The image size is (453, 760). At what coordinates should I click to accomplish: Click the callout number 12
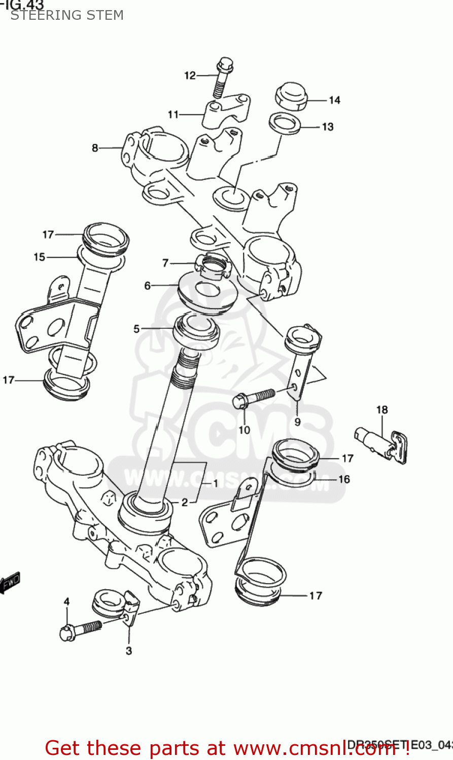point(190,75)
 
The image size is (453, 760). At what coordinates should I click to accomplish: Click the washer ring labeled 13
point(285,124)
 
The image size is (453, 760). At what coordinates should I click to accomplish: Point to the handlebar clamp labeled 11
point(226,112)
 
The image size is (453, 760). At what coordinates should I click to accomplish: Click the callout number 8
point(95,148)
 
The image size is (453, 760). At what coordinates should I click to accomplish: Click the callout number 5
point(136,329)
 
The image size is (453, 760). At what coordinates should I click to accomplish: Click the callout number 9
point(297,422)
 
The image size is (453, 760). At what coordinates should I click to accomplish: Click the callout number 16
point(344,479)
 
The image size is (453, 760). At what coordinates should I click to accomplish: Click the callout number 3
point(129,651)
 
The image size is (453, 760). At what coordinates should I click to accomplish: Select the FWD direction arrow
point(10,583)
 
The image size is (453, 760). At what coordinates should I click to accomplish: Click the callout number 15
point(40,257)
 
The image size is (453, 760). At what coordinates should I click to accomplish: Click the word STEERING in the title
point(39,15)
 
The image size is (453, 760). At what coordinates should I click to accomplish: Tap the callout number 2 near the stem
point(185,502)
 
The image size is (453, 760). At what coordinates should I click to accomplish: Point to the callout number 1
point(215,483)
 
